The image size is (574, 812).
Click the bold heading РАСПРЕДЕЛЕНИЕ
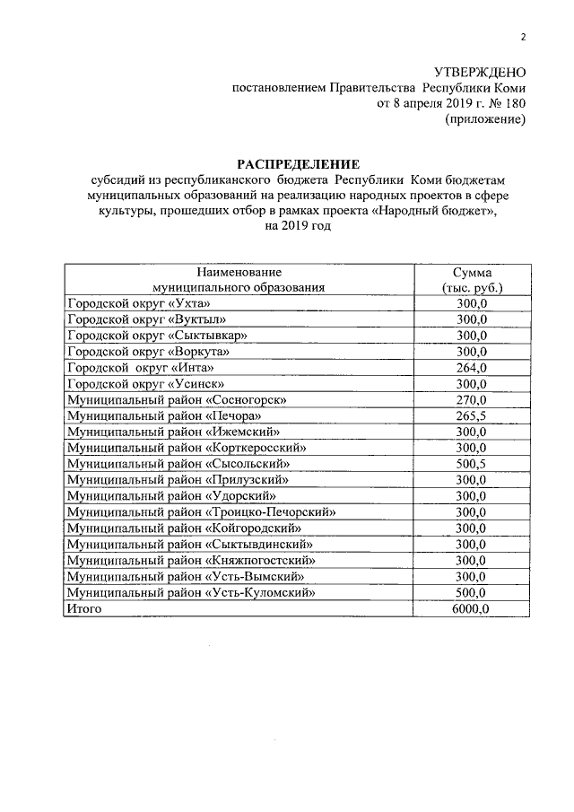(297, 164)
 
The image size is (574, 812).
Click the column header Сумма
(472, 272)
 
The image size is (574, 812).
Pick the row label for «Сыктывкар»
(144, 336)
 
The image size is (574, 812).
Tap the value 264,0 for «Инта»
(472, 368)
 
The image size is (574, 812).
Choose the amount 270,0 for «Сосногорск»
(472, 399)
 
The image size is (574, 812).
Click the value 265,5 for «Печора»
(472, 415)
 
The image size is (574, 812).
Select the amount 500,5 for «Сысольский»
(472, 463)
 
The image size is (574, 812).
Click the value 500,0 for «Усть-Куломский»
(472, 592)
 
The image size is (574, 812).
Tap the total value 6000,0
(472, 608)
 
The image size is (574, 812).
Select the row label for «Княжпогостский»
(196, 560)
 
